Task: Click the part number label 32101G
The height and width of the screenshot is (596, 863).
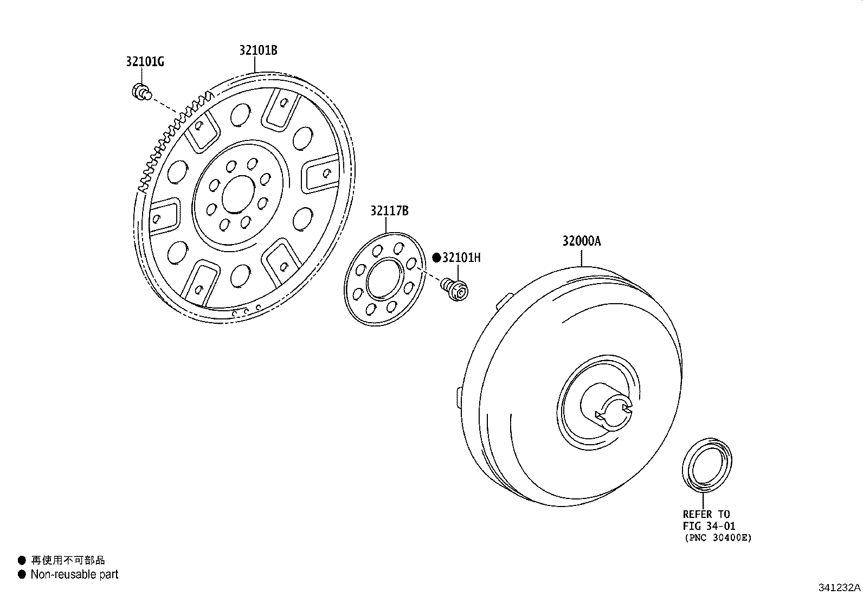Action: [x=145, y=62]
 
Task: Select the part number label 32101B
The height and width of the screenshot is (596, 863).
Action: [x=259, y=50]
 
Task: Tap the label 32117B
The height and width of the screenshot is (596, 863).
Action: [x=389, y=211]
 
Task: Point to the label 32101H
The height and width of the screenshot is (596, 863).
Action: [x=461, y=258]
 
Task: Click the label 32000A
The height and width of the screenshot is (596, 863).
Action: [x=581, y=241]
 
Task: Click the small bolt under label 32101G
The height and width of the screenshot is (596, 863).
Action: [x=141, y=92]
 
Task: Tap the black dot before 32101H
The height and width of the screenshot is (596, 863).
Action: [x=436, y=258]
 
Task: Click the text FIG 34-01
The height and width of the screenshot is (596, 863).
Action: [x=709, y=526]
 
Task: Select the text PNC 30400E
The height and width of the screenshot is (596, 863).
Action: [x=718, y=538]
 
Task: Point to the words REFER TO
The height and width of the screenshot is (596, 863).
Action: [x=706, y=514]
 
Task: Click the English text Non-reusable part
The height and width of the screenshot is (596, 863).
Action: [x=74, y=574]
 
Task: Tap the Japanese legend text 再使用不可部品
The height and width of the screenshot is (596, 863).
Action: [x=68, y=560]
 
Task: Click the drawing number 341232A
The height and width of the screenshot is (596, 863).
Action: [x=839, y=587]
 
